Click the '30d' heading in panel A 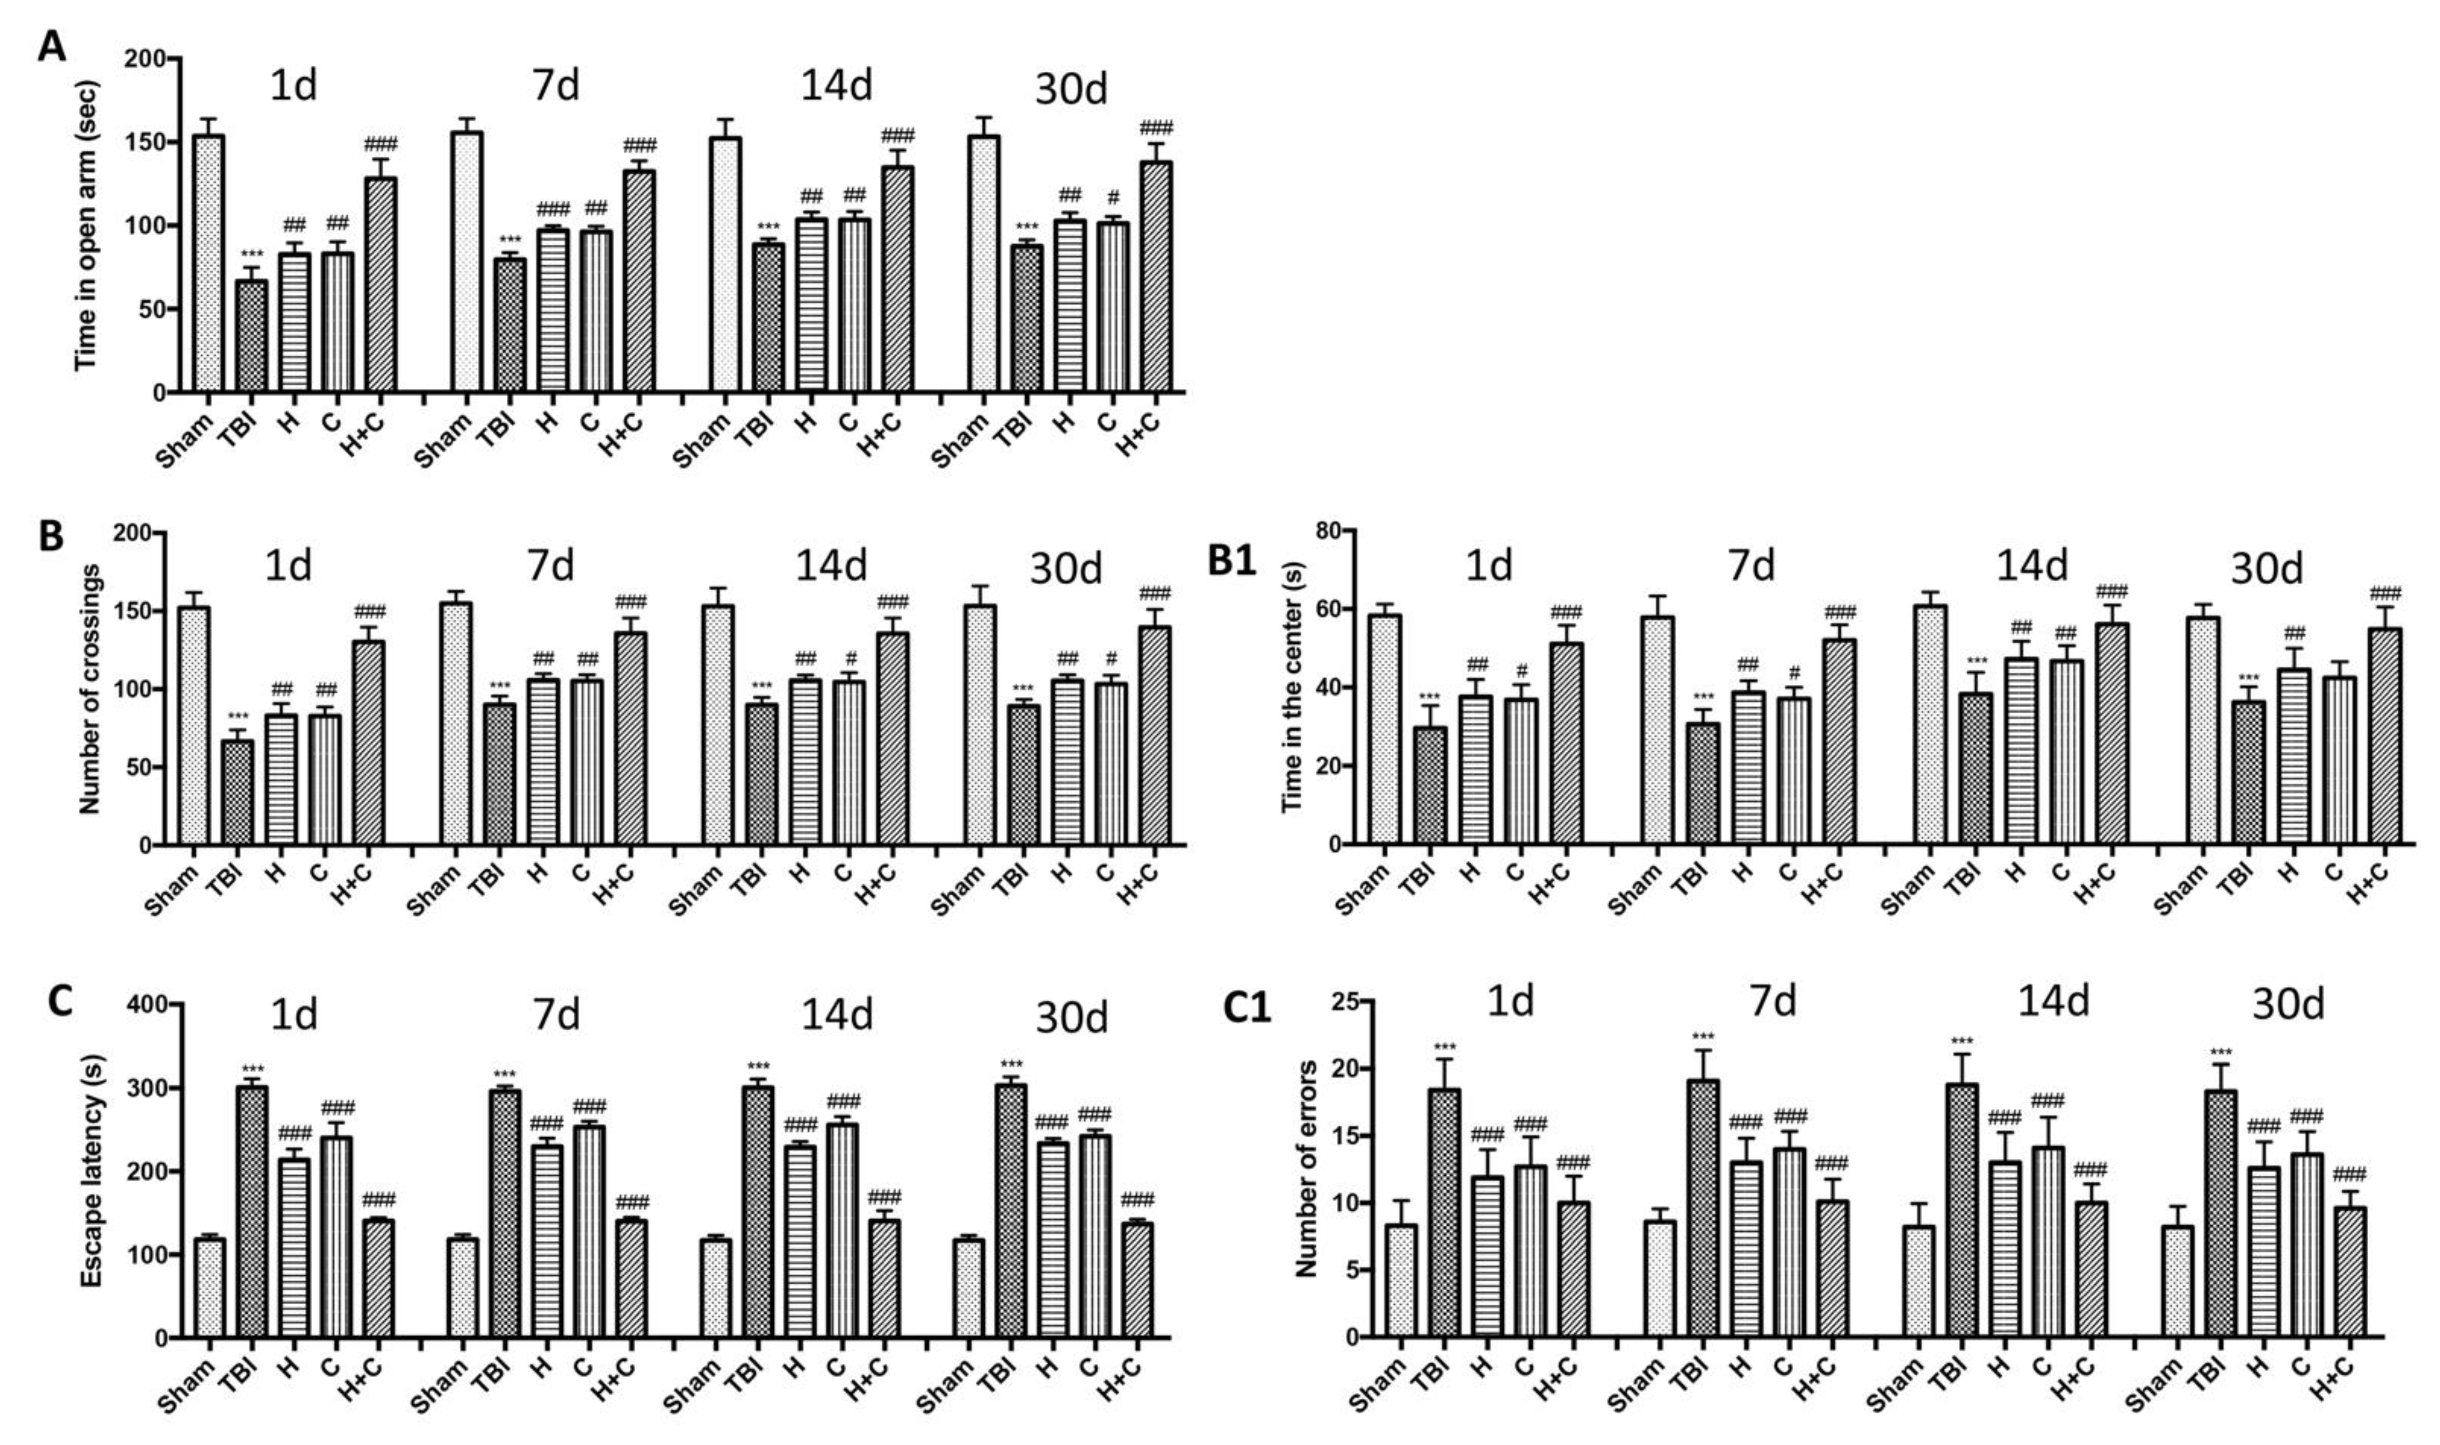coord(1070,90)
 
